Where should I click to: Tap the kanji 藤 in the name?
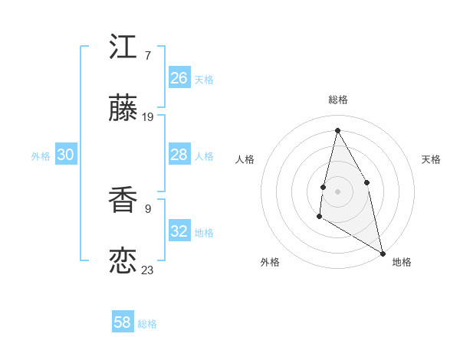(123, 110)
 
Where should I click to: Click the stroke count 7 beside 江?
(147, 56)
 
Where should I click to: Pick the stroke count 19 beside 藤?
(148, 117)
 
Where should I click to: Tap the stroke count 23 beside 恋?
(148, 270)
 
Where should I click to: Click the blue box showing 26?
(179, 78)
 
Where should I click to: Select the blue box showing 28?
(179, 155)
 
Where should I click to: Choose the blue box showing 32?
(179, 231)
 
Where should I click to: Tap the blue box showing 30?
(66, 155)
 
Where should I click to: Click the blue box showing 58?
(123, 322)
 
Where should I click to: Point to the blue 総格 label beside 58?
(147, 324)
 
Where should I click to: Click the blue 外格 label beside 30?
(41, 156)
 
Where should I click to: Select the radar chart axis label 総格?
(338, 100)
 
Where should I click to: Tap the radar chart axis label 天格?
(431, 159)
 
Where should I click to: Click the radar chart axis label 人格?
(245, 159)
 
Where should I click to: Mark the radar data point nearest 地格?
(383, 254)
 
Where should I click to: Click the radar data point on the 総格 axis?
(337, 130)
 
